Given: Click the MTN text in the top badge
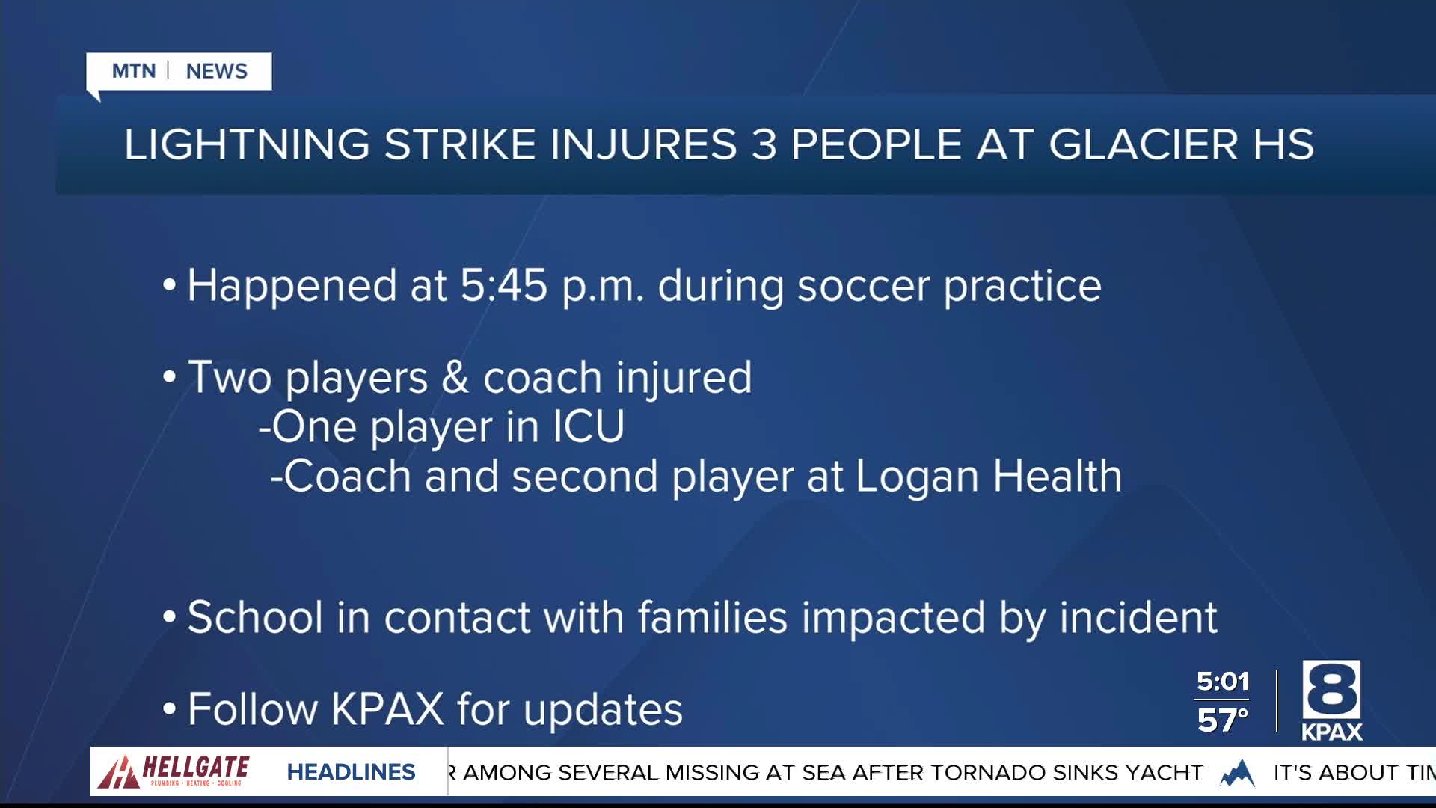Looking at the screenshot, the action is click(134, 71).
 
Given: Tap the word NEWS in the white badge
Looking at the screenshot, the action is click(216, 71).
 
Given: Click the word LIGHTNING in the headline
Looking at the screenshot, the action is click(247, 144).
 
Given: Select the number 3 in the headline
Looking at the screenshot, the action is click(764, 144).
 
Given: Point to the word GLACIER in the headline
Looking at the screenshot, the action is click(1143, 144).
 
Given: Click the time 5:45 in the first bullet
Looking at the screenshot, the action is click(503, 285).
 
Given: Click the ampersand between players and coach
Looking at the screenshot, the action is click(455, 377).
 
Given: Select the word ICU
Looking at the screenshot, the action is click(589, 427).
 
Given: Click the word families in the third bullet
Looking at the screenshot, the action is click(713, 617).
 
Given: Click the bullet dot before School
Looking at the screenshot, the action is click(169, 618).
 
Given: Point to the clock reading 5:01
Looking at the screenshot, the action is click(1223, 682).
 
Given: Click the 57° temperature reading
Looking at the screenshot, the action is click(1223, 720).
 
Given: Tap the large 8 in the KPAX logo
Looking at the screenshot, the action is click(1331, 690).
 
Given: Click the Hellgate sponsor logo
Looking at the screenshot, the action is click(174, 771).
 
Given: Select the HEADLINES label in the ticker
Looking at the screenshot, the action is click(351, 772).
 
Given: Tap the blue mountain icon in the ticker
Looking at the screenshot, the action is click(1238, 773).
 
